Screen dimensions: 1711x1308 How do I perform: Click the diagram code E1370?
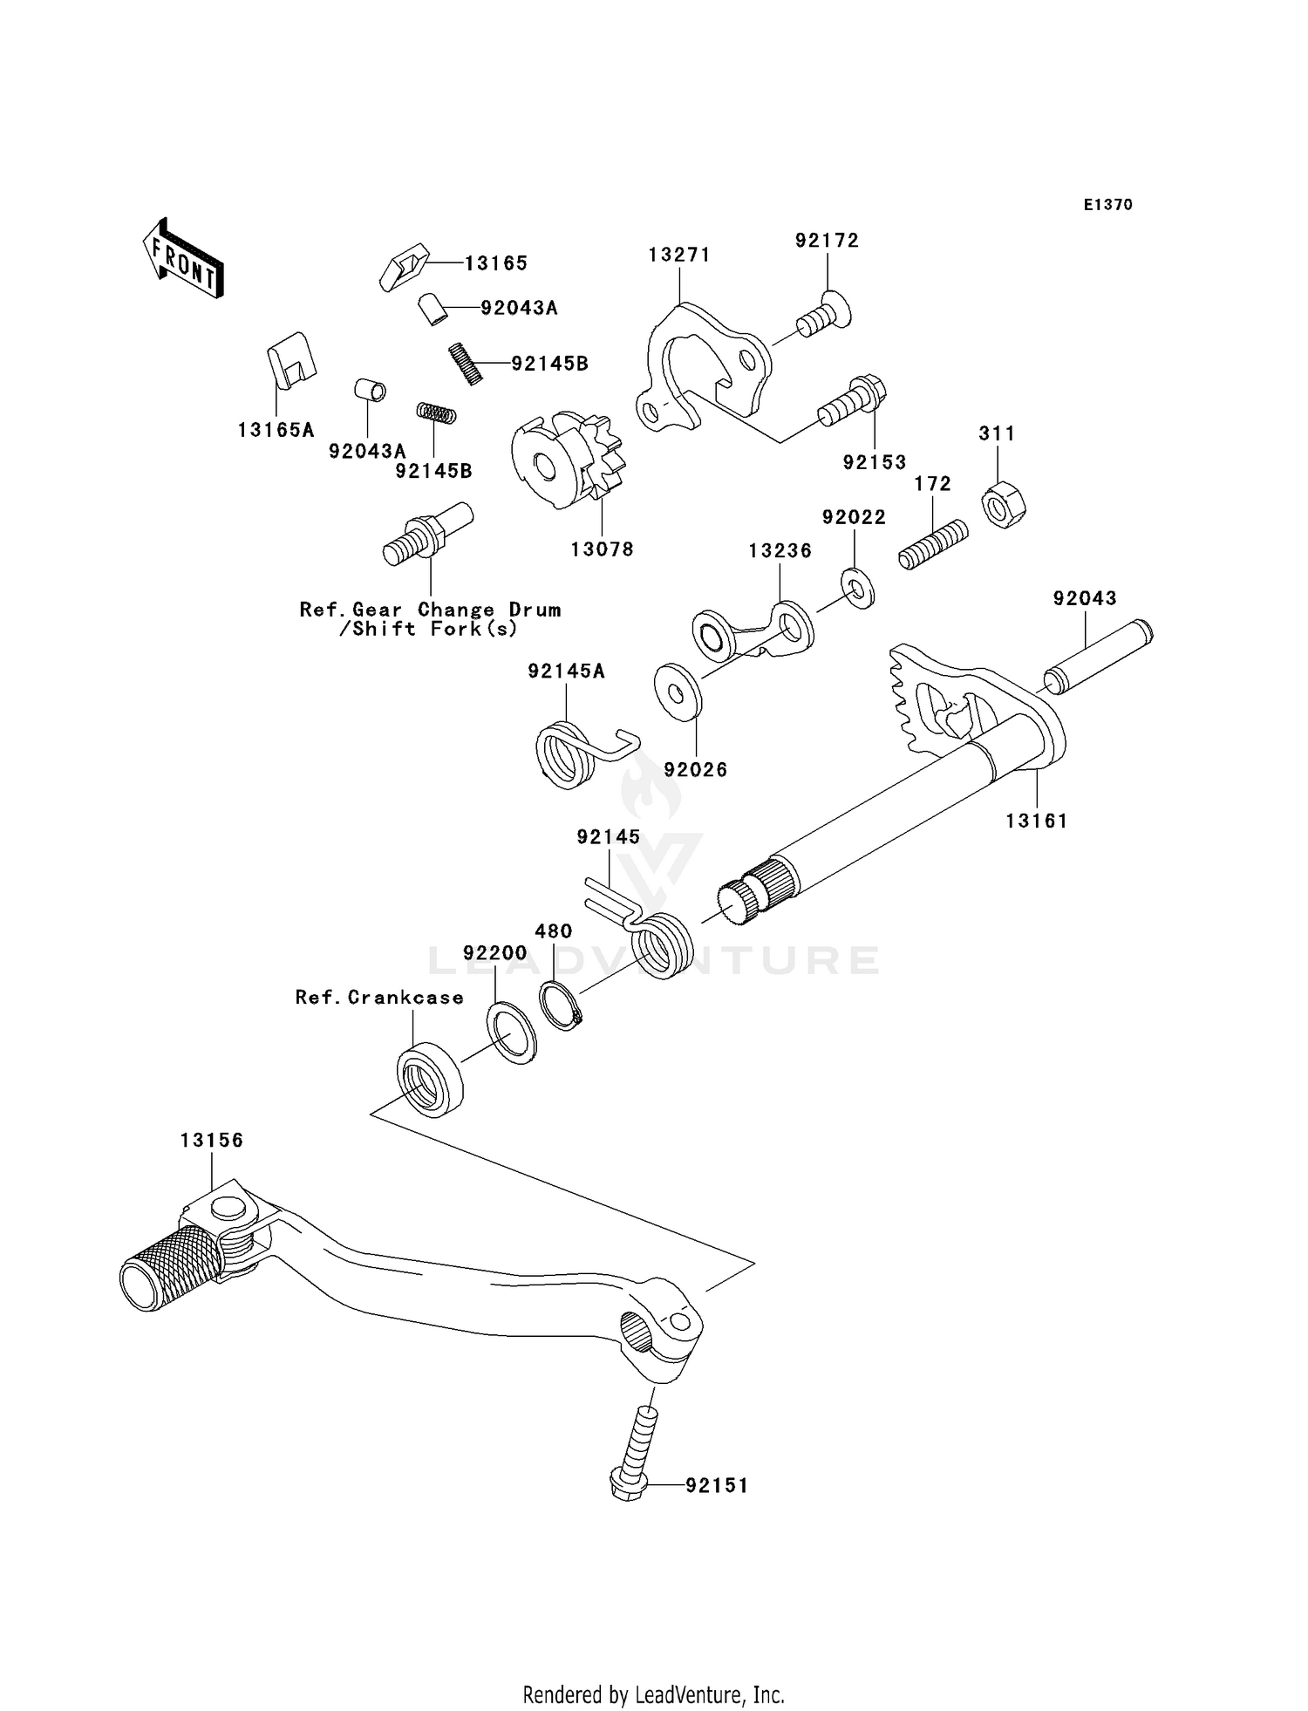click(x=1107, y=205)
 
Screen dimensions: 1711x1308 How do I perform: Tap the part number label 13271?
click(x=678, y=255)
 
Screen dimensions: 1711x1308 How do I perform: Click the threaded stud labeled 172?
click(x=933, y=545)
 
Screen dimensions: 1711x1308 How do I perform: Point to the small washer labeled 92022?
click(x=858, y=589)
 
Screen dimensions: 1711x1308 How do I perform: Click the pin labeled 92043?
click(x=1098, y=657)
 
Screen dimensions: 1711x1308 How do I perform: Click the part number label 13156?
click(x=212, y=1141)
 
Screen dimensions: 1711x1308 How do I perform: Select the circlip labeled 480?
click(x=560, y=1005)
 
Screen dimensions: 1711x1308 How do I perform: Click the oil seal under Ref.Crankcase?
click(x=430, y=1079)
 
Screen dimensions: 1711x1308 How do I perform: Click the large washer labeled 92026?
click(x=678, y=692)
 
